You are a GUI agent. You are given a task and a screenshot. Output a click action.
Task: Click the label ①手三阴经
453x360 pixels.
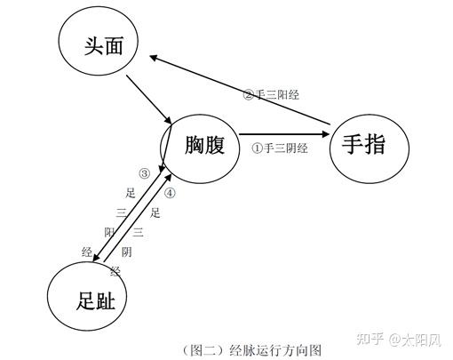pos(280,148)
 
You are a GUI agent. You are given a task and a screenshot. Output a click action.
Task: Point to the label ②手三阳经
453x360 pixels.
pos(271,95)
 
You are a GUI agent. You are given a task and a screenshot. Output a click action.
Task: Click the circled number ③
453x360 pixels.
pos(145,173)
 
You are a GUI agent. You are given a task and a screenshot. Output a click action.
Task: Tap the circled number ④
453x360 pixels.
pos(170,193)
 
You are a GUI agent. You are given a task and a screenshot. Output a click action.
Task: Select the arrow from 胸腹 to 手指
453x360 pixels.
pos(284,134)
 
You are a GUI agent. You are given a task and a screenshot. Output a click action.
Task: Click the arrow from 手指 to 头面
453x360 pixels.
pos(240,90)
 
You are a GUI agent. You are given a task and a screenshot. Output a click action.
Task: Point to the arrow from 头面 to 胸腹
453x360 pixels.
pos(149,100)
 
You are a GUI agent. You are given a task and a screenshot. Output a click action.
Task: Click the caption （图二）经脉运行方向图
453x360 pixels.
pos(251,350)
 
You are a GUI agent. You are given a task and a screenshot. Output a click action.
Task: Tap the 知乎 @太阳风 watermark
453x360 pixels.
pos(399,340)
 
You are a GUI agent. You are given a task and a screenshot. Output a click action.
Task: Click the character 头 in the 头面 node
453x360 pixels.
pos(93,46)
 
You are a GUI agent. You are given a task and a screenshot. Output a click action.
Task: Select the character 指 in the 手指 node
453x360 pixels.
pos(375,144)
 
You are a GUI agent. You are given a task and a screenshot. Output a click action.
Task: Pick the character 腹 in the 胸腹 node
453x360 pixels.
pos(215,145)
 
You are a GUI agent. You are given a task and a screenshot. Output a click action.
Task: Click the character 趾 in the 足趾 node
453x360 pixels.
pos(106,300)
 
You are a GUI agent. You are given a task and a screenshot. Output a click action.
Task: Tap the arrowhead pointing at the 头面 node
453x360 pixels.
pos(154,58)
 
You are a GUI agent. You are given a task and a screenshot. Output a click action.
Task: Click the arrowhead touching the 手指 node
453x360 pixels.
pos(326,134)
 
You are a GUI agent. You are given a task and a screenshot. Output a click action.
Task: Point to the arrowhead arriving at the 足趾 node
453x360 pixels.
pos(96,258)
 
